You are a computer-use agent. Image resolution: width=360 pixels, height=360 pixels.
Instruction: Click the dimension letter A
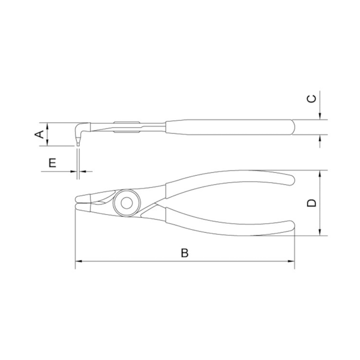coord(39,135)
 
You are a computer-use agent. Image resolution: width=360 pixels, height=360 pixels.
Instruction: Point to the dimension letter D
coord(311,203)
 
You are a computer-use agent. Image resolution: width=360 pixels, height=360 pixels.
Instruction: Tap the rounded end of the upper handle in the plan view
coord(291,179)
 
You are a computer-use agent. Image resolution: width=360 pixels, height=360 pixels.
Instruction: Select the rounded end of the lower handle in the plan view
coord(291,226)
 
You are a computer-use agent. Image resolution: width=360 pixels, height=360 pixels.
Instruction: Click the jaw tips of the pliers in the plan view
coord(77,202)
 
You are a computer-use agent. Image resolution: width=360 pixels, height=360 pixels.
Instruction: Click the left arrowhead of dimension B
coord(78,262)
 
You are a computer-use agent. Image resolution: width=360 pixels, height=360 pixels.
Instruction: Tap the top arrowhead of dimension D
coord(321,173)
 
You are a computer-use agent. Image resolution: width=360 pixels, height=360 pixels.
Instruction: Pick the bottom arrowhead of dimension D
coord(321,233)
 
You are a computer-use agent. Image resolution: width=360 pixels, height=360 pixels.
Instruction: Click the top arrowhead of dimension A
coord(46,126)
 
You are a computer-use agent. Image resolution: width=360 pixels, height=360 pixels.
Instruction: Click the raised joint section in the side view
coord(126,127)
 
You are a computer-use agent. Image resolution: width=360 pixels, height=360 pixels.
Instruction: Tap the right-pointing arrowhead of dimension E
coord(74,171)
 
